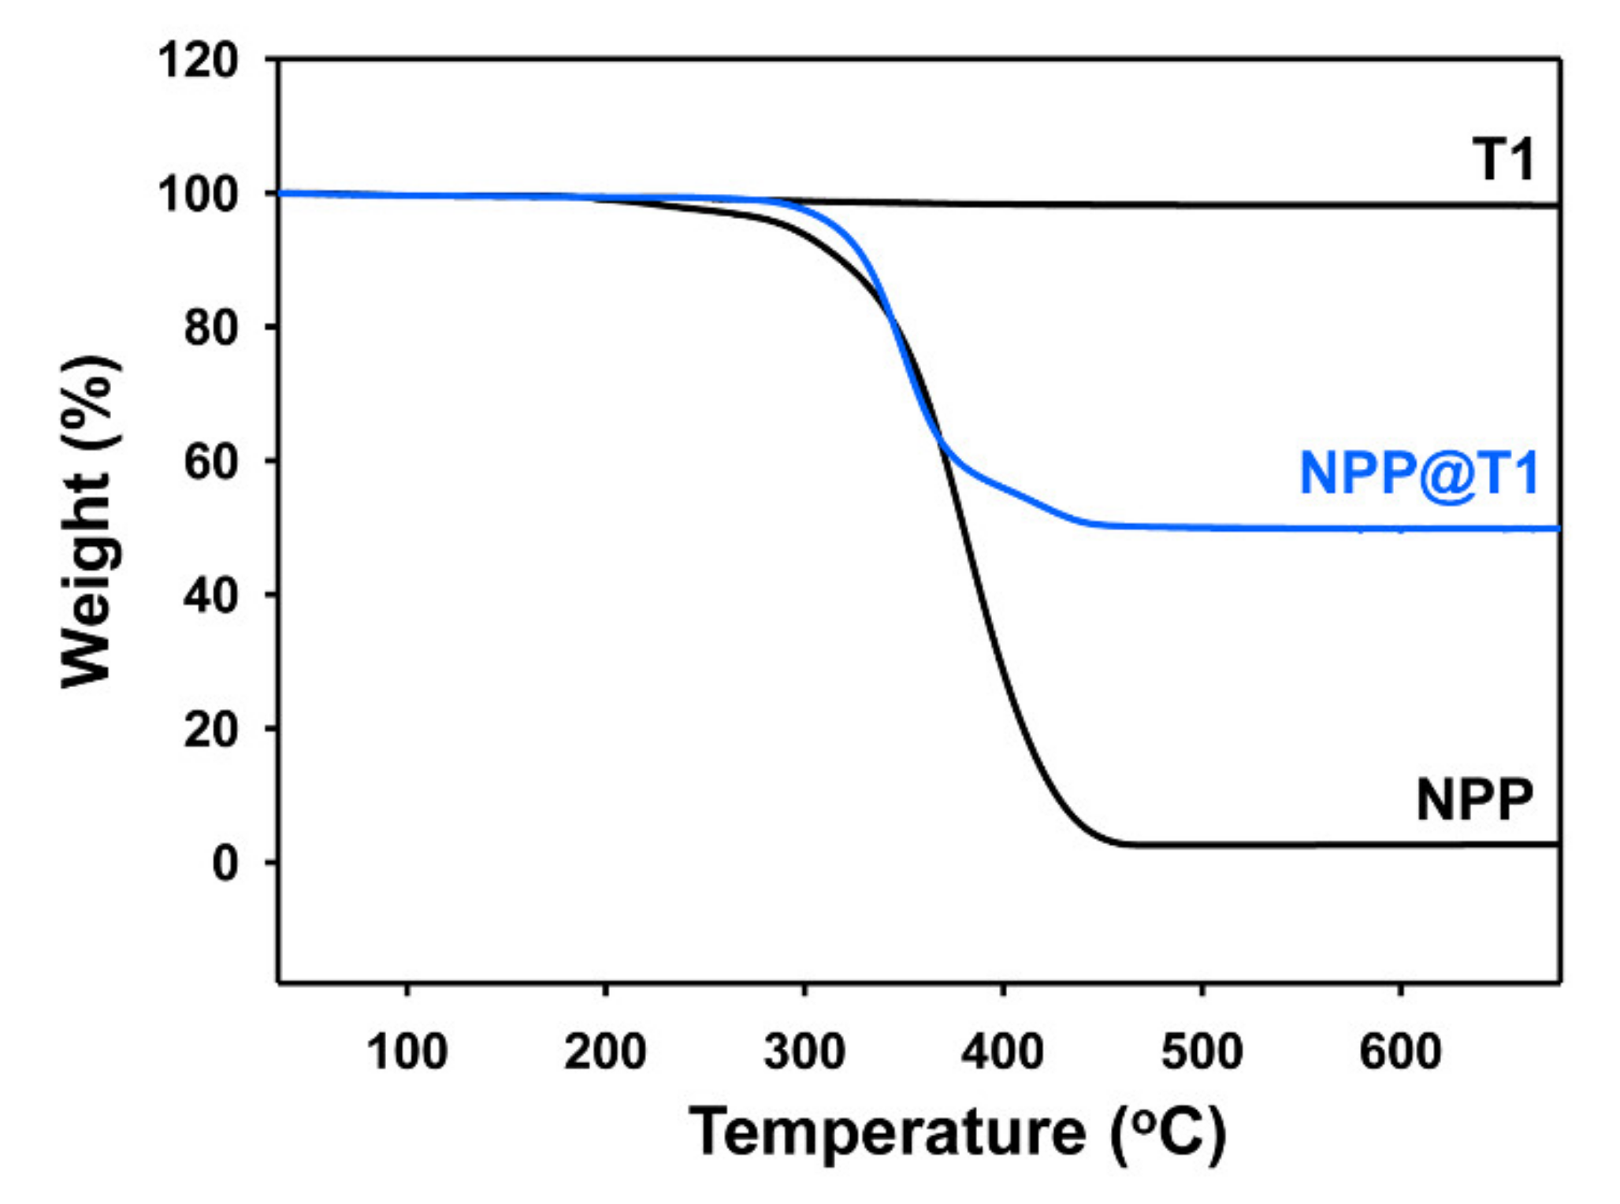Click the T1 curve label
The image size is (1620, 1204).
[x=1503, y=160]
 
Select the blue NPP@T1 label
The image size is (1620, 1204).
[x=1418, y=474]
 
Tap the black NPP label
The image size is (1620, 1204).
[x=1474, y=801]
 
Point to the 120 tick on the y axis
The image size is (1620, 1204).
[x=198, y=60]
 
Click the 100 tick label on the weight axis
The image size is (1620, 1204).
[x=198, y=194]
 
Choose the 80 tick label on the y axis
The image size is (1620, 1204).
[x=210, y=328]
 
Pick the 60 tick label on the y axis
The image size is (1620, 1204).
[x=210, y=462]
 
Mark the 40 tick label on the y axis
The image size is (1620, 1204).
[x=210, y=596]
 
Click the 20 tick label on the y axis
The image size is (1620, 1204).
[x=210, y=730]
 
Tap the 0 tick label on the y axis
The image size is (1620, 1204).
[x=225, y=864]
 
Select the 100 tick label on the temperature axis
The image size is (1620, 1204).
[x=407, y=1051]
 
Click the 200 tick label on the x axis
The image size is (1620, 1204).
[x=605, y=1051]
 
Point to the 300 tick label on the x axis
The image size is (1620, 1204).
[x=804, y=1051]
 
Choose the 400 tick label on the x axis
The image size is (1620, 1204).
[x=1003, y=1051]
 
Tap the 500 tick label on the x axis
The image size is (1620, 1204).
[x=1202, y=1051]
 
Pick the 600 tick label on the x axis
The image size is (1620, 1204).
[x=1401, y=1051]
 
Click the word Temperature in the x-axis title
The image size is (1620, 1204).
[x=888, y=1133]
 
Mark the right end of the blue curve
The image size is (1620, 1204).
[x=1555, y=529]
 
